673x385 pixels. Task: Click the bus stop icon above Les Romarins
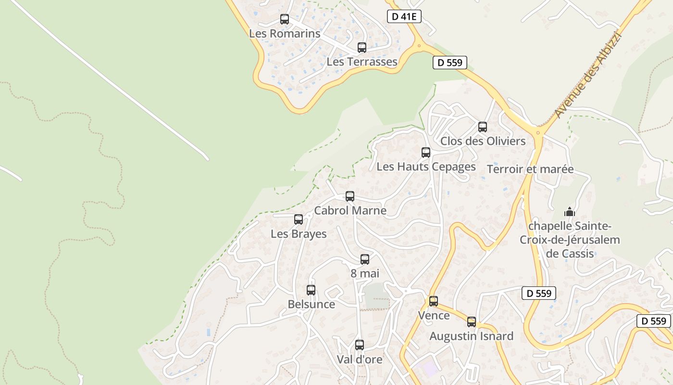(x=285, y=19)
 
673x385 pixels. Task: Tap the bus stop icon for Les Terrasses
(x=362, y=47)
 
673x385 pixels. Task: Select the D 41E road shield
(x=404, y=16)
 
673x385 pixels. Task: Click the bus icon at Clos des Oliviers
(x=483, y=127)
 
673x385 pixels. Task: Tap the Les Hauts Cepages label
(x=426, y=167)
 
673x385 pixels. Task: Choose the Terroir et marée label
(x=530, y=169)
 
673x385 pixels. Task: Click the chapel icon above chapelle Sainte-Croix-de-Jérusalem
(x=570, y=212)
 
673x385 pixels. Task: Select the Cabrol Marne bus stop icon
(x=350, y=196)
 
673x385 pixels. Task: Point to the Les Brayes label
(x=299, y=234)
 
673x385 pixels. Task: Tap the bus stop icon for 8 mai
(x=365, y=259)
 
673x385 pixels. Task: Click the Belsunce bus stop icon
(x=311, y=290)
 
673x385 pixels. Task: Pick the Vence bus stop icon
(x=434, y=301)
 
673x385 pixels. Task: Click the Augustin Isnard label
(x=471, y=336)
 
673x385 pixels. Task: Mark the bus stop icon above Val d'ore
(x=360, y=345)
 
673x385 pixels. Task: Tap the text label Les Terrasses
(x=361, y=62)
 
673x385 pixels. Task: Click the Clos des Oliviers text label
(x=483, y=141)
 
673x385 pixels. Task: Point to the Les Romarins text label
(x=285, y=34)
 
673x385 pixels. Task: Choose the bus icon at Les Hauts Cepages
(x=426, y=153)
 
